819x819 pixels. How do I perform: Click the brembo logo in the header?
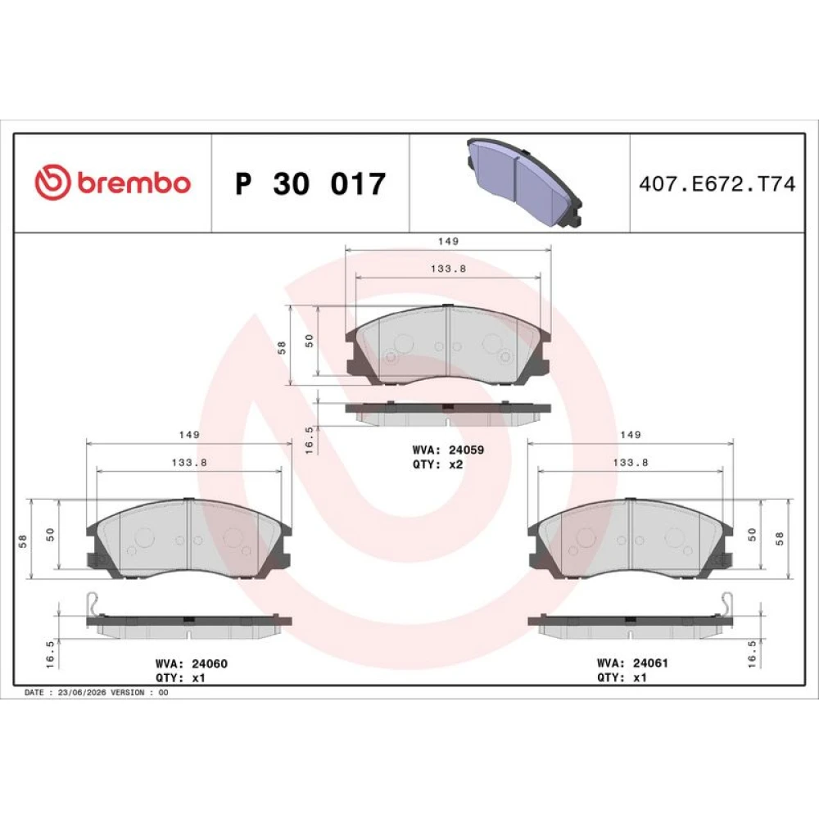click(x=113, y=182)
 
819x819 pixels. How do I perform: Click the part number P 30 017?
click(x=310, y=183)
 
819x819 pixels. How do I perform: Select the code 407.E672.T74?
click(x=717, y=183)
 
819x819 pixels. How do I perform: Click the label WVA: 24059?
click(x=448, y=450)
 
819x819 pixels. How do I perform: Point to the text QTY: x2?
click(x=437, y=464)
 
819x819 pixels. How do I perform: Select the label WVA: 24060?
click(x=191, y=663)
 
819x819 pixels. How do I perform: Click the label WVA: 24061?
click(x=632, y=663)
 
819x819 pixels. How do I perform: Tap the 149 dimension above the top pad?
click(x=448, y=242)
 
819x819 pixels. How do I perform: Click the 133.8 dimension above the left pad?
click(x=189, y=462)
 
